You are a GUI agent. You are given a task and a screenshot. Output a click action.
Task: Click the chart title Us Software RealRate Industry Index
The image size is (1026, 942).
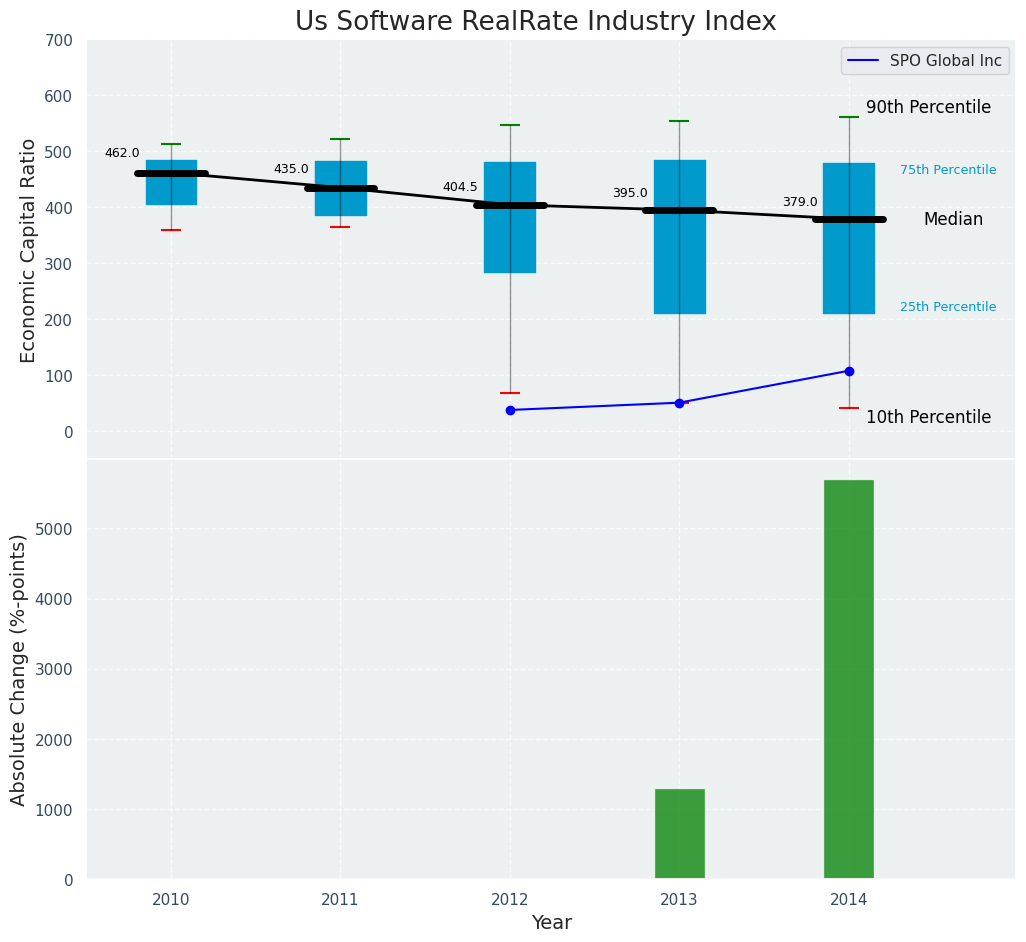click(535, 22)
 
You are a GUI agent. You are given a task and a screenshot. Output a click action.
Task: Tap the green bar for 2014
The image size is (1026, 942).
click(848, 679)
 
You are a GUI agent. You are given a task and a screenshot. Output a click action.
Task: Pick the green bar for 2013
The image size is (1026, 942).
click(679, 834)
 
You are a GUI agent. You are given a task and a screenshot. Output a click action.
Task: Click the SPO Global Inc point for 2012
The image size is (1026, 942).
click(510, 410)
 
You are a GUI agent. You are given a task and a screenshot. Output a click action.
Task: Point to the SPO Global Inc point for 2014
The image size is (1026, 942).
click(849, 371)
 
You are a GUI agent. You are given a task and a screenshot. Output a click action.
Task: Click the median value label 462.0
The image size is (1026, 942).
click(122, 153)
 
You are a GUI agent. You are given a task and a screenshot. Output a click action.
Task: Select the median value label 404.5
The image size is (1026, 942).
click(460, 187)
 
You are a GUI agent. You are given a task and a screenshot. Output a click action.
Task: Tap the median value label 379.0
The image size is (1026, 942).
click(799, 202)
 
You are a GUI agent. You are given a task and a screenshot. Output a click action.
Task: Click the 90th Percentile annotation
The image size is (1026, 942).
click(928, 107)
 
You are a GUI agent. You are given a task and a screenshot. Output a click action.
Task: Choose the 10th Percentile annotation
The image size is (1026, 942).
click(928, 417)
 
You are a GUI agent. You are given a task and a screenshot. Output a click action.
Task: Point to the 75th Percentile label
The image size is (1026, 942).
click(947, 170)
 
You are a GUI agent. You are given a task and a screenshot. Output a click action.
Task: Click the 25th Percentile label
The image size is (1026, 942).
click(947, 307)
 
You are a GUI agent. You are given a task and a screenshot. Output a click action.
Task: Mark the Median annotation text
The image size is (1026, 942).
click(952, 219)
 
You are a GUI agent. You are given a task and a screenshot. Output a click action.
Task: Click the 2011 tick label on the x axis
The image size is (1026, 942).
click(340, 900)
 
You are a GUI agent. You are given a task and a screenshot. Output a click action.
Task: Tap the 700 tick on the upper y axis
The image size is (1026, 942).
click(58, 40)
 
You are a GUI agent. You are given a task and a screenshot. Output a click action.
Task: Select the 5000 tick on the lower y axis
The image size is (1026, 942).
click(54, 529)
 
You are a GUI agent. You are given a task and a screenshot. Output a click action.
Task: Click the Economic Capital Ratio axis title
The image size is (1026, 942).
click(28, 250)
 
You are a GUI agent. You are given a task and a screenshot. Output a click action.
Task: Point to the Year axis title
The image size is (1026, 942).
click(551, 923)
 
